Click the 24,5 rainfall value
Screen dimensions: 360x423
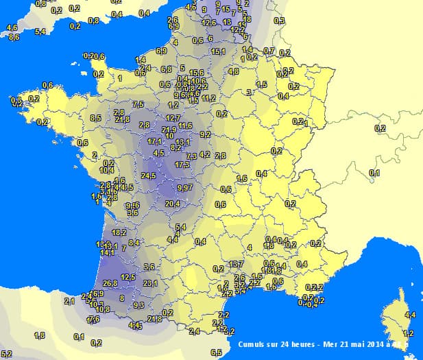click(x=149, y=176)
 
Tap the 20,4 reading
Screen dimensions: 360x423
click(x=173, y=203)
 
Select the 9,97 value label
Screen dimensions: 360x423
click(x=184, y=187)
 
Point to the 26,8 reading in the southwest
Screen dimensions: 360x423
click(x=110, y=283)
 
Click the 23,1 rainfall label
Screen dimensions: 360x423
click(x=151, y=283)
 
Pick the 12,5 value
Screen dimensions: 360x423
click(x=128, y=277)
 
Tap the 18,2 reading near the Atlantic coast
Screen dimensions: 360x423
click(x=119, y=232)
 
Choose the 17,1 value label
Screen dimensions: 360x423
click(x=155, y=141)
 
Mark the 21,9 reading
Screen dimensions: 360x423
click(x=169, y=129)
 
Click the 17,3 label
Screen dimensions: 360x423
click(x=182, y=165)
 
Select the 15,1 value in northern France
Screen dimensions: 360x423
click(x=219, y=51)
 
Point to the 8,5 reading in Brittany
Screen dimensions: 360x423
click(x=95, y=118)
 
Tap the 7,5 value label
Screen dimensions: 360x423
click(x=138, y=104)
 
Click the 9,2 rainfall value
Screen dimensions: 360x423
click(x=205, y=134)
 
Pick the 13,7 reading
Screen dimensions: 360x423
click(x=237, y=264)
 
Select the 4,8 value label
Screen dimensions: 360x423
click(x=233, y=71)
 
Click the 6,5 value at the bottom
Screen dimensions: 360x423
click(x=216, y=352)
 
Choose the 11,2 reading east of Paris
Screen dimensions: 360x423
click(x=208, y=98)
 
